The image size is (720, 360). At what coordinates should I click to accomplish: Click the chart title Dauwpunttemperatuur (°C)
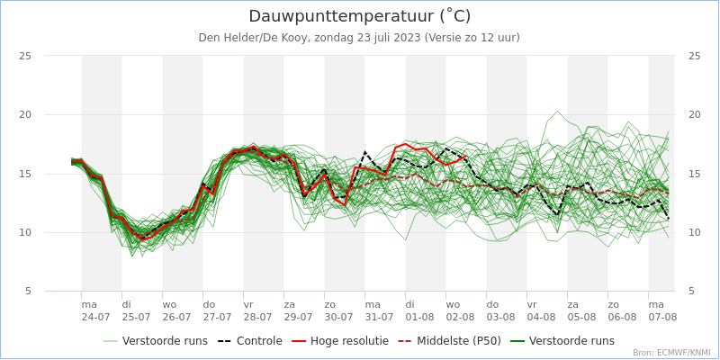[359, 16]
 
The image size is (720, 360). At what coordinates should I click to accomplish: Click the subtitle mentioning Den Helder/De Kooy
[359, 38]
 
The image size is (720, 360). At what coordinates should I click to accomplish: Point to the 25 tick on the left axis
[26, 56]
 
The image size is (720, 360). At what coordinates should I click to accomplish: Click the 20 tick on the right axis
[694, 114]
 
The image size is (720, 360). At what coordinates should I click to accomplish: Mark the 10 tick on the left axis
[26, 232]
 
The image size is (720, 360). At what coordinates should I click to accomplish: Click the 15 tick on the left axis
[26, 174]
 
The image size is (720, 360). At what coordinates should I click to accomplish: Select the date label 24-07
[95, 317]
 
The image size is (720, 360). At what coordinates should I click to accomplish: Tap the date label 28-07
[257, 317]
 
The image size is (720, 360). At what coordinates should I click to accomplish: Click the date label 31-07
[379, 317]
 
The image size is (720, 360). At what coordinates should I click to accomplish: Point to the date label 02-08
[460, 317]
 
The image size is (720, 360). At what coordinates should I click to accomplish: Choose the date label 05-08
[581, 317]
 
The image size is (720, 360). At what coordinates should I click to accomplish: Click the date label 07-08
[662, 317]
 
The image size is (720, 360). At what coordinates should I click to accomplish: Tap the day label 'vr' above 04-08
[532, 304]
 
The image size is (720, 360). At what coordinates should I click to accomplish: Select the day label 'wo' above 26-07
[170, 304]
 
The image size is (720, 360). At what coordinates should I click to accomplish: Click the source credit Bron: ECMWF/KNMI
[670, 353]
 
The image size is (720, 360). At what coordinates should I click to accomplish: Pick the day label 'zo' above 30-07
[330, 304]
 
